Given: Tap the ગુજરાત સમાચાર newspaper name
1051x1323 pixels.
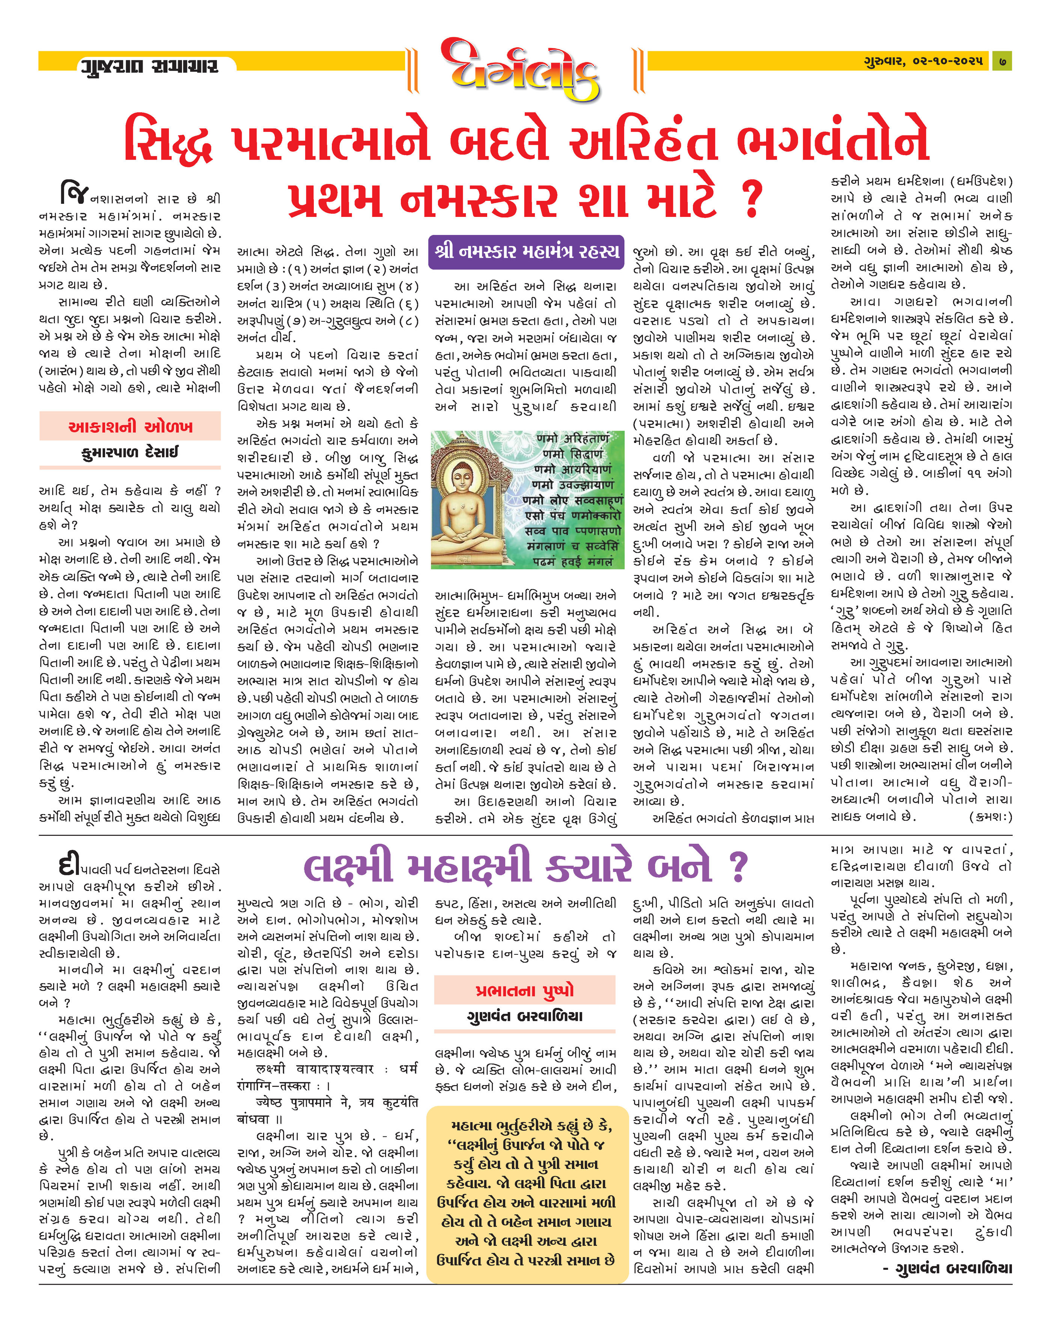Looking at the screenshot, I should pyautogui.click(x=149, y=65).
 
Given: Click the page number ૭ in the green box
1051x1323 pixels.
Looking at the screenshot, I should pyautogui.click(x=1002, y=61).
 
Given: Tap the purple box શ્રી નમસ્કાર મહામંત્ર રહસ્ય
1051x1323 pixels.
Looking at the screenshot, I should pyautogui.click(x=526, y=251).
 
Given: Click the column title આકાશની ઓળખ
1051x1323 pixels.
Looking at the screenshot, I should pyautogui.click(x=130, y=426).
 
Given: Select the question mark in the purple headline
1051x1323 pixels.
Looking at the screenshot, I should pyautogui.click(x=738, y=867).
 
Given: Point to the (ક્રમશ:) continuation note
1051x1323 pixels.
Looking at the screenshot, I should pyautogui.click(x=990, y=817).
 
